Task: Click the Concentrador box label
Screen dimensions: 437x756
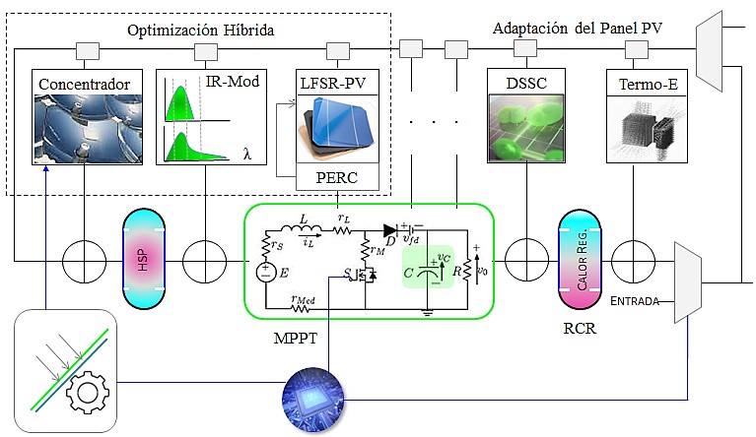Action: tap(84, 83)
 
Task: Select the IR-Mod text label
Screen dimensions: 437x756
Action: tap(234, 81)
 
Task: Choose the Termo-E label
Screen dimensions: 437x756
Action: tap(646, 83)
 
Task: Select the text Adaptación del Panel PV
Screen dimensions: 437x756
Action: tap(577, 30)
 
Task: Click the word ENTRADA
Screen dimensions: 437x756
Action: tap(636, 299)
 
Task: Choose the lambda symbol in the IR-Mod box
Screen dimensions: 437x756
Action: tap(246, 152)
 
